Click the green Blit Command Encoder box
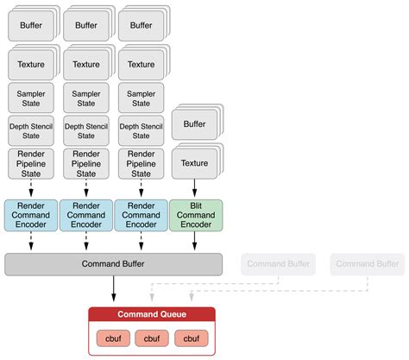pos(196,215)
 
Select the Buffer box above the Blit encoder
pos(196,124)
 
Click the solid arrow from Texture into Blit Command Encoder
pos(196,188)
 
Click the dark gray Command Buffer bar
pos(113,264)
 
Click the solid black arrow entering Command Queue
pos(113,290)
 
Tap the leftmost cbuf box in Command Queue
pos(113,338)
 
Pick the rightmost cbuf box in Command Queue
pos(191,338)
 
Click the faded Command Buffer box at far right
pos(367,264)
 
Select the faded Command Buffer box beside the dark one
pos(276,264)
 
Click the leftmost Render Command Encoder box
pos(30,215)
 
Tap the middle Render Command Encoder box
pos(85,215)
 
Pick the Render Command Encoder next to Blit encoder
pos(141,215)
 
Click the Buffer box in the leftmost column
pos(30,25)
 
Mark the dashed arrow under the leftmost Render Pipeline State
pos(30,188)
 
